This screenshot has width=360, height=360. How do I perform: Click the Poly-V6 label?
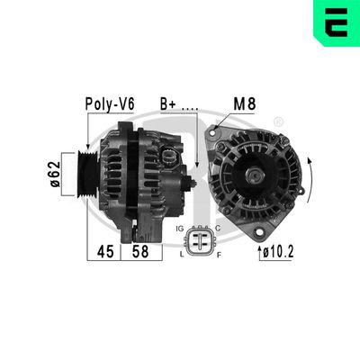pyautogui.click(x=110, y=103)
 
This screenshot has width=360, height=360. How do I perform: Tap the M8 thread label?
pyautogui.click(x=245, y=103)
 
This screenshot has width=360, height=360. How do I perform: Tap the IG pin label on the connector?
pyautogui.click(x=184, y=230)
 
